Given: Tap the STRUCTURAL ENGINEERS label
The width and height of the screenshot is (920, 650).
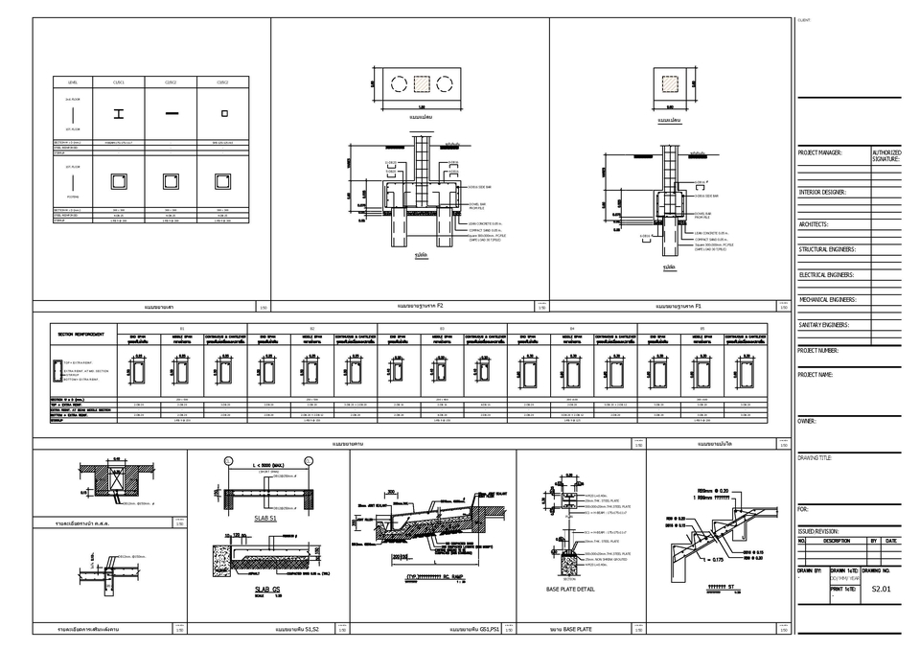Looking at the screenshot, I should (x=827, y=249).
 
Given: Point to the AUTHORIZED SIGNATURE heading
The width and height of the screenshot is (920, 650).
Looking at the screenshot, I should (x=886, y=155).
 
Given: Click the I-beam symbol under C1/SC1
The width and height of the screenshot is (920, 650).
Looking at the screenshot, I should (x=118, y=114).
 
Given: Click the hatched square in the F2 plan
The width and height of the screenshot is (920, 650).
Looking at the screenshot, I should (x=421, y=83).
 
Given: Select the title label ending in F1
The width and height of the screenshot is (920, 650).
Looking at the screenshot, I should (x=678, y=307).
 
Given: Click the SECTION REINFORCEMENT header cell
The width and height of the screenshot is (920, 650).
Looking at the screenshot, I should (x=80, y=336).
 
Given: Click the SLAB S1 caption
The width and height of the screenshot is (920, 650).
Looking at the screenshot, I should (x=267, y=518).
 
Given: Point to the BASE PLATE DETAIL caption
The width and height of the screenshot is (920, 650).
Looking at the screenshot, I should (x=570, y=589).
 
